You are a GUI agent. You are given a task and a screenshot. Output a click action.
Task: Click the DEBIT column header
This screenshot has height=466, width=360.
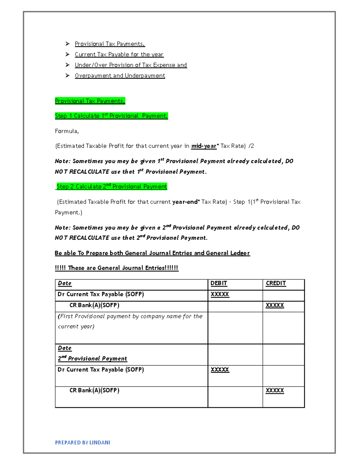pyautogui.click(x=219, y=283)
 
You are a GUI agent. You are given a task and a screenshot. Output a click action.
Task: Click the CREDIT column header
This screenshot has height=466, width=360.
pyautogui.click(x=276, y=283)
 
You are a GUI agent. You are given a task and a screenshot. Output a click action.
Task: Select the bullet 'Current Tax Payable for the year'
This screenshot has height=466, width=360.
pyautogui.click(x=119, y=54)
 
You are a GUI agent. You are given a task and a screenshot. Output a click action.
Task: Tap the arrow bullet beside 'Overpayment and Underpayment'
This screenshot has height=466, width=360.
pyautogui.click(x=67, y=75)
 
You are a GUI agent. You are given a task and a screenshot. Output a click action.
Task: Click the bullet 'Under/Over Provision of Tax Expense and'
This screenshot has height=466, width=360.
pyautogui.click(x=130, y=65)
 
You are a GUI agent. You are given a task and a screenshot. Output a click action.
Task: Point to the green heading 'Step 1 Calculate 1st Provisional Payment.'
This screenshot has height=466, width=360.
pyautogui.click(x=111, y=116)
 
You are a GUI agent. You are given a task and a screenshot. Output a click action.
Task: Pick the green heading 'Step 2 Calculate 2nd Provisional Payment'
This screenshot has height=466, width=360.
pyautogui.click(x=112, y=187)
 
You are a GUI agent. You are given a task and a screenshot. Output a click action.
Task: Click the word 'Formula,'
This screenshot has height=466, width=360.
pyautogui.click(x=67, y=131)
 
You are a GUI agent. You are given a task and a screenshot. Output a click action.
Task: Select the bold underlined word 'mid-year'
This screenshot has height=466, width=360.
pyautogui.click(x=204, y=146)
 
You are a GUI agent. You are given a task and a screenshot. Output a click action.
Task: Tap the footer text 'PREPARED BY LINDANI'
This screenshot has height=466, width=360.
pyautogui.click(x=82, y=442)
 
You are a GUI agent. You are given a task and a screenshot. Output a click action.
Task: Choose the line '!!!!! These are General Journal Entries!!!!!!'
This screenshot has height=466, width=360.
pyautogui.click(x=116, y=268)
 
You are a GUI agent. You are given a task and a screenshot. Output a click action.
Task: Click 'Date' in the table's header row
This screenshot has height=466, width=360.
pyautogui.click(x=64, y=283)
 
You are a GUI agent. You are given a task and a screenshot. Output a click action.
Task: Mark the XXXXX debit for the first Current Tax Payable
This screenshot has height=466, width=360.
pyautogui.click(x=220, y=294)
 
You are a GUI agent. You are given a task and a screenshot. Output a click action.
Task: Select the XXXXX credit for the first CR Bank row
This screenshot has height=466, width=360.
pyautogui.click(x=274, y=305)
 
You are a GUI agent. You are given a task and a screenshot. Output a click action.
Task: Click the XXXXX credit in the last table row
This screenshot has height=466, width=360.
pyautogui.click(x=274, y=390)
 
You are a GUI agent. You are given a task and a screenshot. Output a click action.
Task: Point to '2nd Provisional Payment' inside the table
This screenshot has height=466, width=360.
pyautogui.click(x=92, y=358)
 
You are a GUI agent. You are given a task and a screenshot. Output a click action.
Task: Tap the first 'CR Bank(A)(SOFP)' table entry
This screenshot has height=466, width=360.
pyautogui.click(x=94, y=305)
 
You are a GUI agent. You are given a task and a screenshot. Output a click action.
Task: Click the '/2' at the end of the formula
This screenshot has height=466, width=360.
pyautogui.click(x=251, y=146)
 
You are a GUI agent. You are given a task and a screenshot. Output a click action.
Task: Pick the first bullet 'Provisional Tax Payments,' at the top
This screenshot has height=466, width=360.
pyautogui.click(x=109, y=44)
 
